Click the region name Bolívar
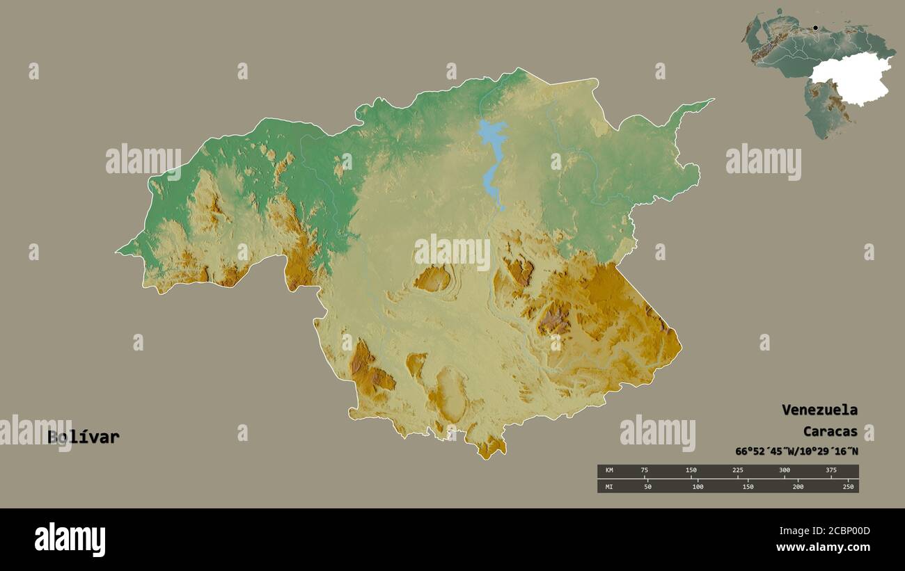click(x=84, y=437)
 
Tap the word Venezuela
click(x=819, y=410)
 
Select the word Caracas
click(x=830, y=431)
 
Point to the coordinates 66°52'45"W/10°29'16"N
click(x=796, y=451)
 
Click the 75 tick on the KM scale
click(x=645, y=471)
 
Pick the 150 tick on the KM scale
click(x=691, y=471)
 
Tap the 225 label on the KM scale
click(x=737, y=471)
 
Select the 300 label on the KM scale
click(x=784, y=471)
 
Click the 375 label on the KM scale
click(x=831, y=471)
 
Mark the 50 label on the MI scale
click(x=647, y=487)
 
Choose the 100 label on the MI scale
click(x=698, y=487)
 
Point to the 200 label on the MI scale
click(x=798, y=487)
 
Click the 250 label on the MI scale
click(x=848, y=487)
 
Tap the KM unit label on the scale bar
click(x=609, y=471)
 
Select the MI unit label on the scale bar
click(x=609, y=487)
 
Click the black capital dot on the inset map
click(x=815, y=28)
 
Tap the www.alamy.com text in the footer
click(x=824, y=548)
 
